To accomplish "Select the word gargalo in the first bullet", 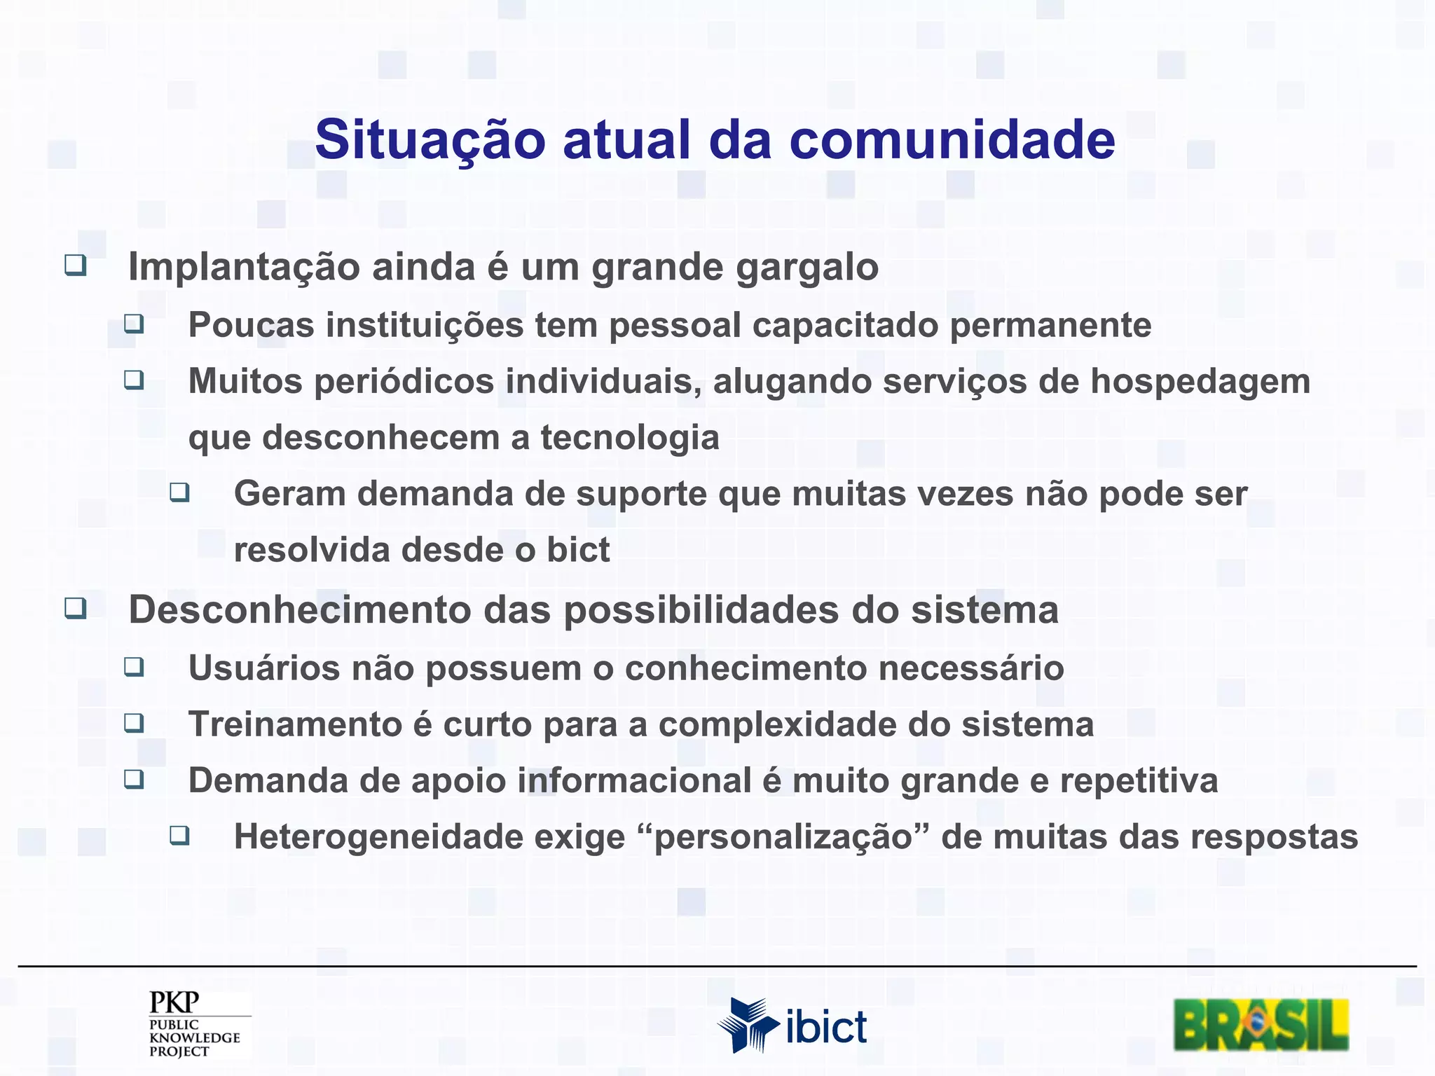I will coord(806,268).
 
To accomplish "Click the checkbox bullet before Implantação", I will coord(76,265).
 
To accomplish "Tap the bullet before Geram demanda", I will coord(179,492).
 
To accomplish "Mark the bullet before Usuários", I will coord(134,666).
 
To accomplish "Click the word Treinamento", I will coord(294,724).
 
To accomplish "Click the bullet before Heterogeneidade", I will coord(179,835).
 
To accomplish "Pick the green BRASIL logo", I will coord(1261,1025).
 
